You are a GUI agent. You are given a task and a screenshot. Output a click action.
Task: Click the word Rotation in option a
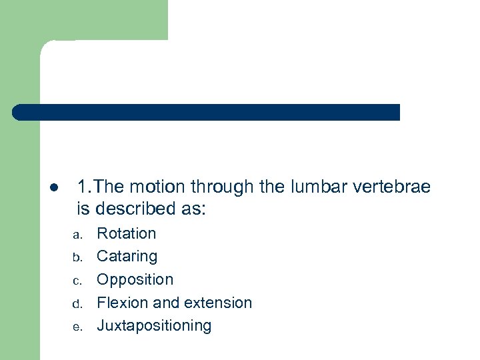(127, 233)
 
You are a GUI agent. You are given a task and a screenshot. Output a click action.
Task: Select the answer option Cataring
(127, 257)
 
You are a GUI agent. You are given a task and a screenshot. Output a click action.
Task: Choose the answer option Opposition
(135, 279)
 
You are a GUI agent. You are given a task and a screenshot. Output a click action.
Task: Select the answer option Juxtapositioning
(154, 326)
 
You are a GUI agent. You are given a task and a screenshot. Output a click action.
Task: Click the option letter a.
(77, 235)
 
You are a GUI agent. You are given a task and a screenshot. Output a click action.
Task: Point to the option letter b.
(77, 257)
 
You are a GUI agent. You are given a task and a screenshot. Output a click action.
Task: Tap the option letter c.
(77, 281)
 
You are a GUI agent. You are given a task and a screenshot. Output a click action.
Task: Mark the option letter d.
(77, 304)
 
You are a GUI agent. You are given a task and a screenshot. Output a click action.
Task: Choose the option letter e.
(77, 327)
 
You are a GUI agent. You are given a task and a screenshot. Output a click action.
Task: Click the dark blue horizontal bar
(207, 112)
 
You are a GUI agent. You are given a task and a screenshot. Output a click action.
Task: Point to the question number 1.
(82, 187)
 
